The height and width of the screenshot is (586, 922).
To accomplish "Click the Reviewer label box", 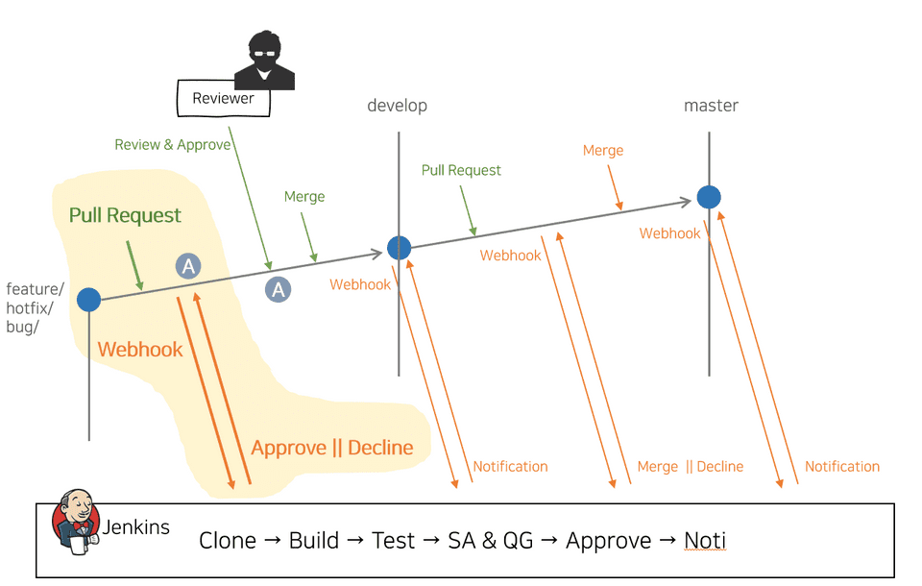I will tap(224, 98).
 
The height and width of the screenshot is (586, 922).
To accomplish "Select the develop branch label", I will tap(397, 106).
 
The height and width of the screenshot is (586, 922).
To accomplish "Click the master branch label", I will tap(711, 106).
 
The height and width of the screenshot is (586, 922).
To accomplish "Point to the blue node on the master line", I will tap(709, 197).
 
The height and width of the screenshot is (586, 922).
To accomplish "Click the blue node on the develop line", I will tap(399, 248).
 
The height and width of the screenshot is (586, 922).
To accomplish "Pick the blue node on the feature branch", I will tap(88, 300).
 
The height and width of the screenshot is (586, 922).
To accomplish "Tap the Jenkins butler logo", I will tap(76, 523).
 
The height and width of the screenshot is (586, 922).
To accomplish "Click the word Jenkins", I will tap(136, 526).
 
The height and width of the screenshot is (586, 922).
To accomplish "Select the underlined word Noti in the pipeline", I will tap(704, 541).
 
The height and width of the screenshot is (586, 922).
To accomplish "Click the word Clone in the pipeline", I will tap(228, 541).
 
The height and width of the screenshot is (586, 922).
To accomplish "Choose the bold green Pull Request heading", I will tap(125, 215).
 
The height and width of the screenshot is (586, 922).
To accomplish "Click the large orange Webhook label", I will tap(140, 350).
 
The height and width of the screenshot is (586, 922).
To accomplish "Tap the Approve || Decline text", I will tap(332, 448).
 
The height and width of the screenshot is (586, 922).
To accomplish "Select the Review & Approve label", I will tap(173, 145).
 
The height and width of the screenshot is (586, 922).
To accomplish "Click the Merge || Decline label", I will tap(690, 467).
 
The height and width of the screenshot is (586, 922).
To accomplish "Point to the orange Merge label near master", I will tap(603, 151).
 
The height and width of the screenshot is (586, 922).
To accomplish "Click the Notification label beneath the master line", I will tap(842, 467).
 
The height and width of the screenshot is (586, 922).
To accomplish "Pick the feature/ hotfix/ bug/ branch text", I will tap(36, 308).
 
